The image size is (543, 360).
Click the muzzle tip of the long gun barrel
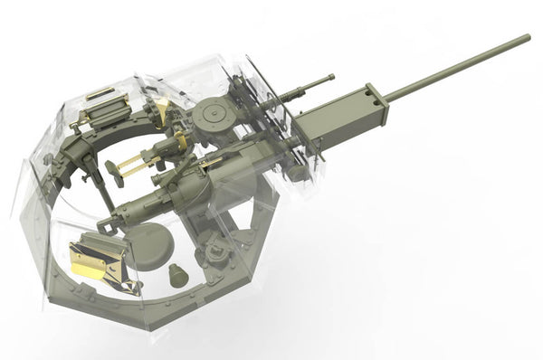(527, 38)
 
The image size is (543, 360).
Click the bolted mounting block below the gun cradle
(216, 252)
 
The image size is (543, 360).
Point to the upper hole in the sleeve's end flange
(370, 91)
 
